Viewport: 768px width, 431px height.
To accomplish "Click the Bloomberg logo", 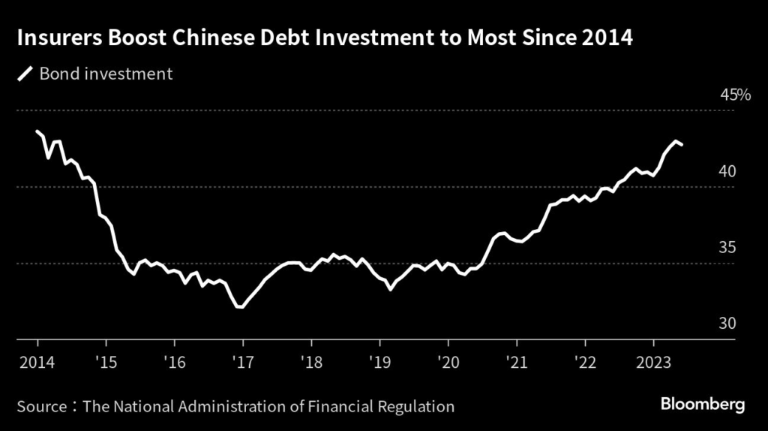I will pyautogui.click(x=702, y=405).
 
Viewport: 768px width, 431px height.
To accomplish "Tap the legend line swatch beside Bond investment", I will pyautogui.click(x=25, y=74).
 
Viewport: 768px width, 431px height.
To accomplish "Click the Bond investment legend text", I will pyautogui.click(x=106, y=74).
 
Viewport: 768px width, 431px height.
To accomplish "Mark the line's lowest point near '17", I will pyautogui.click(x=240, y=306).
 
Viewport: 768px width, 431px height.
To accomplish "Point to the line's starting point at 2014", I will pyautogui.click(x=37, y=131).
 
